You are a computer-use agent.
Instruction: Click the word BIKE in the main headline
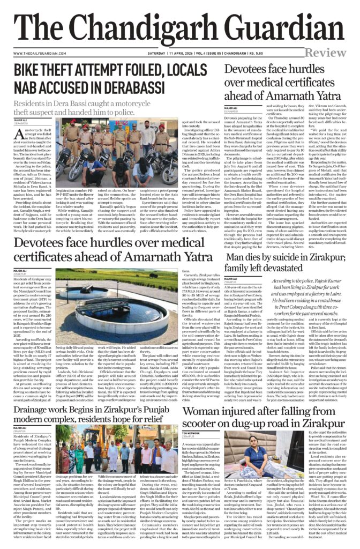[32, 71]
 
